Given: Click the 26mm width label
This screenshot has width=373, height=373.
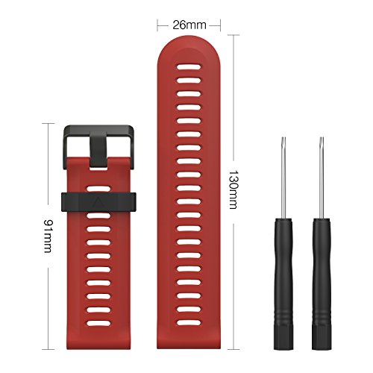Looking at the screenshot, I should [189, 25].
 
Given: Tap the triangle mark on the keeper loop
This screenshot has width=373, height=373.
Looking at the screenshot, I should [98, 200].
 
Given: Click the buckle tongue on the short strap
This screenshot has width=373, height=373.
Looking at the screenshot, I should [98, 145].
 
